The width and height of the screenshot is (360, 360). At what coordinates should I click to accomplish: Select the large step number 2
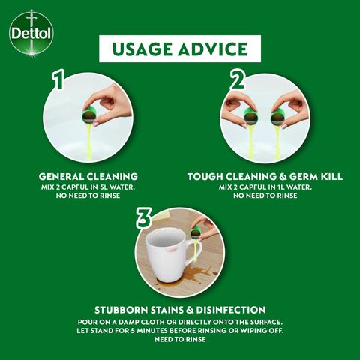[x=239, y=80]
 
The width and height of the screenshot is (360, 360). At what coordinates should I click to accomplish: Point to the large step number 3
[x=145, y=218]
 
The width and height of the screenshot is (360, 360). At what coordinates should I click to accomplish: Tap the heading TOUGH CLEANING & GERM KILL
[x=265, y=176]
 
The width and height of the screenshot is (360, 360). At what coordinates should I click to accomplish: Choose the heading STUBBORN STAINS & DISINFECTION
[x=180, y=309]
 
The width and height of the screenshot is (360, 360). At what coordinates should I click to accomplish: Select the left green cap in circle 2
[x=251, y=117]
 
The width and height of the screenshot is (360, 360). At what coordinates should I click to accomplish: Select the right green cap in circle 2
[x=277, y=117]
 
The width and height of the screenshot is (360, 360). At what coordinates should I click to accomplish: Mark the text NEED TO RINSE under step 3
[x=180, y=340]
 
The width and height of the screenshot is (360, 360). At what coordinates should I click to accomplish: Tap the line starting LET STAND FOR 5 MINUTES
[x=180, y=330]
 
